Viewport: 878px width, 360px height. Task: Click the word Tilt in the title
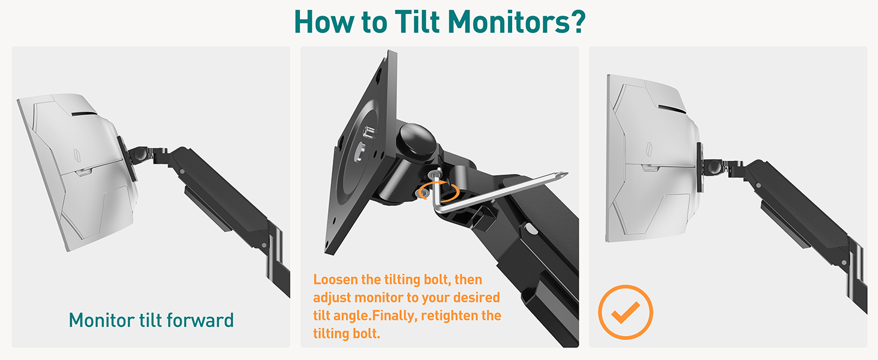417,22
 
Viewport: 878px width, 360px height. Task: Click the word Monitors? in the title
516,22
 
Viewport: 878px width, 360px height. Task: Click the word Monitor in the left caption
102,320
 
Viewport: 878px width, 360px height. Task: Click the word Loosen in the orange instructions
335,279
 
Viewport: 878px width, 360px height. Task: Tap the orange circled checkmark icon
626,312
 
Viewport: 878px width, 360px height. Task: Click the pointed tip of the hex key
567,173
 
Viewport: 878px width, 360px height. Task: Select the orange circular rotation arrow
438,191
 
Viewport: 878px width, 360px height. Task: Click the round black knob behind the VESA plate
417,142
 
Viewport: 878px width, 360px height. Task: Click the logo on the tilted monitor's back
77,155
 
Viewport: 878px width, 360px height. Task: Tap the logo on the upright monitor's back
649,149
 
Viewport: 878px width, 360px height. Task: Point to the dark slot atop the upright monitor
672,109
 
